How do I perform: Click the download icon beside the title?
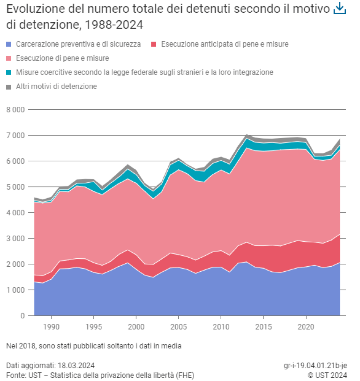pos(340,9)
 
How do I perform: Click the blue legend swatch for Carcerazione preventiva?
pos(9,44)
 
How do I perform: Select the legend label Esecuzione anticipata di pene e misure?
pos(225,44)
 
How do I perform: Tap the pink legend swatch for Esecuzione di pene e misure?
pos(9,58)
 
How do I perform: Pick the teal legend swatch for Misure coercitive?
pos(9,72)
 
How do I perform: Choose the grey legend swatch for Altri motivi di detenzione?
pos(9,87)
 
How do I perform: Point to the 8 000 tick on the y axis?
pos(16,110)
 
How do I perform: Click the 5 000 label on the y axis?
pos(16,187)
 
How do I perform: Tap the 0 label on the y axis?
pos(22,316)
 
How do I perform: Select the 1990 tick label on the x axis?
pos(51,327)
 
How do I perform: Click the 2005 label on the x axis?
pos(179,327)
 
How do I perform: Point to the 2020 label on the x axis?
pos(306,327)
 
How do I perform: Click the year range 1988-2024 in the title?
pos(114,25)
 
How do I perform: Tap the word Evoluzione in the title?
pos(35,9)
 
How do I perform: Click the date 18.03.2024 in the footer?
pos(76,365)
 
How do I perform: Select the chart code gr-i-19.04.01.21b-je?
pos(315,365)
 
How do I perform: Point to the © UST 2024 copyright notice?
pos(327,375)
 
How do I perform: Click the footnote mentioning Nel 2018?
pos(94,346)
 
